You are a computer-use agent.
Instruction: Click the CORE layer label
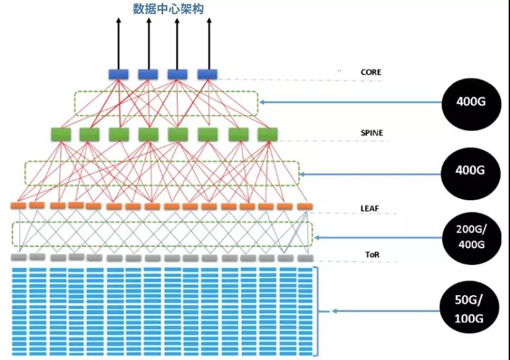[371, 72]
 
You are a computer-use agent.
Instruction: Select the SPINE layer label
[372, 133]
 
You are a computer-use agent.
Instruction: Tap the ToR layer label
[371, 254]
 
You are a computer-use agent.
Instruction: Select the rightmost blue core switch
[207, 74]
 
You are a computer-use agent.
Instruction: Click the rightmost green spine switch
[266, 134]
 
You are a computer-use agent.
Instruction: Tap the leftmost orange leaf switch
[18, 205]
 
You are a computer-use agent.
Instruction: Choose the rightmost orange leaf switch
[305, 207]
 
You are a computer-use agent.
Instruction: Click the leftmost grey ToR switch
[18, 257]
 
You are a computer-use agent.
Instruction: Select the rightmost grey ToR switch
[305, 258]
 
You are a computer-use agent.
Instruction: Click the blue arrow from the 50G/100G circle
[383, 310]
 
